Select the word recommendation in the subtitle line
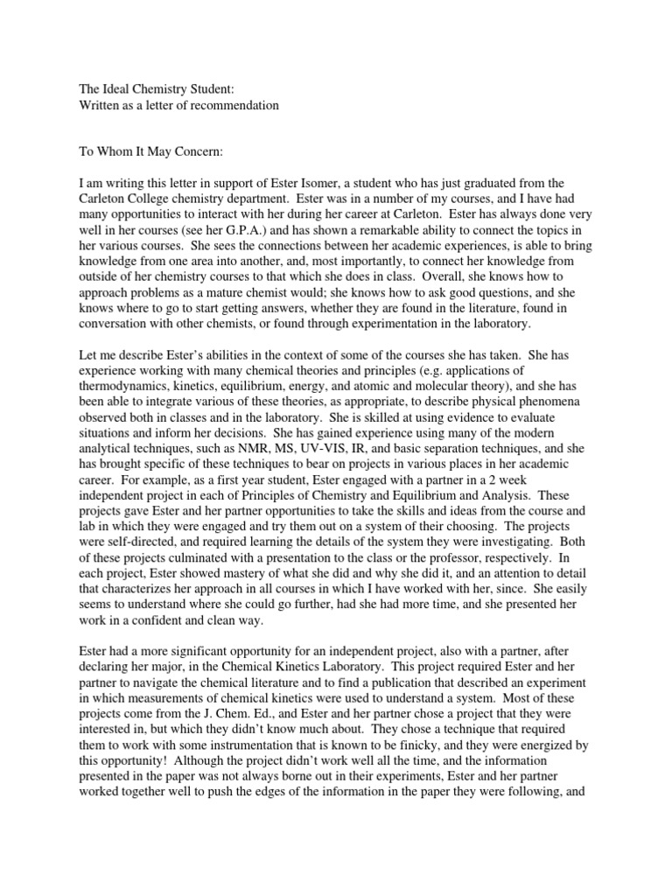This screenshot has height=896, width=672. pos(236,105)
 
